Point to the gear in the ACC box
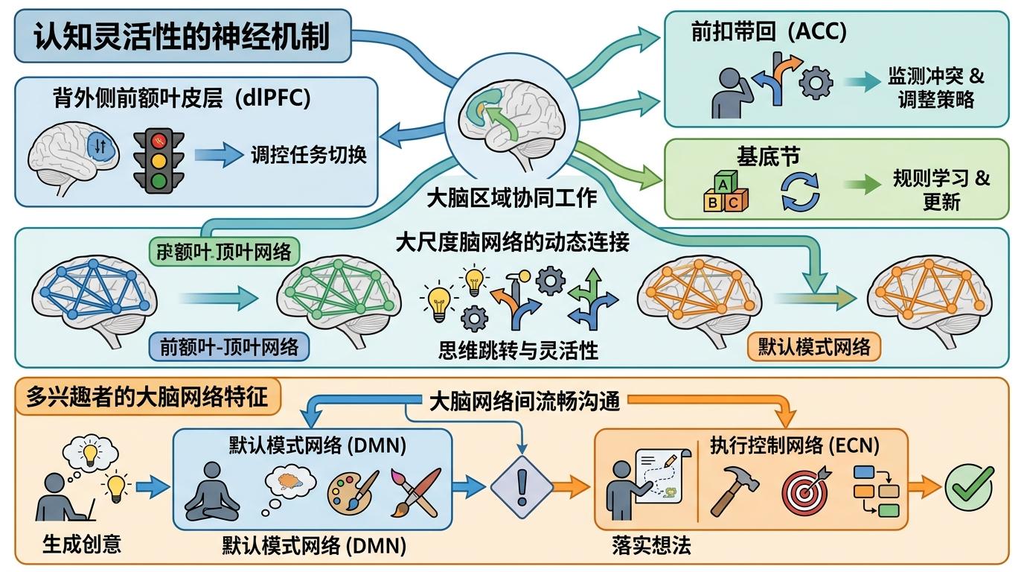tap(815, 82)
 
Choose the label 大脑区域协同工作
tap(511, 199)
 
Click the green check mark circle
tap(968, 487)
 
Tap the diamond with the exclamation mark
tap(521, 489)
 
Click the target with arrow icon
tap(804, 489)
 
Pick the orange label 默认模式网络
tap(814, 347)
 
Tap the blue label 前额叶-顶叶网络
tap(229, 346)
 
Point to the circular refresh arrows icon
tap(800, 191)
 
